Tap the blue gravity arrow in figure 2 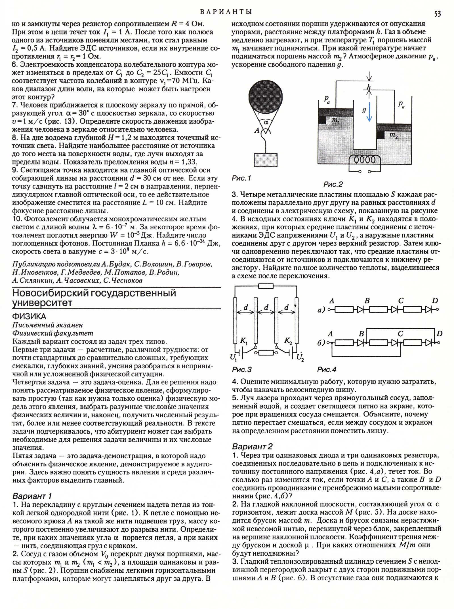pyautogui.click(x=369, y=112)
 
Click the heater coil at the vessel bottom pyautogui.click(x=363, y=160)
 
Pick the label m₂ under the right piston pyautogui.click(x=393, y=136)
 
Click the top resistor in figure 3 pyautogui.click(x=266, y=286)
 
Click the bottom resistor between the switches pyautogui.click(x=266, y=353)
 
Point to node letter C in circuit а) pyautogui.click(x=401, y=301)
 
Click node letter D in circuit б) pyautogui.click(x=439, y=334)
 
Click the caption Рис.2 pyautogui.click(x=333, y=184)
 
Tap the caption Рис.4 pyautogui.click(x=327, y=369)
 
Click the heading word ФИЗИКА pyautogui.click(x=29, y=316)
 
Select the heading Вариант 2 pyautogui.click(x=252, y=447)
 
